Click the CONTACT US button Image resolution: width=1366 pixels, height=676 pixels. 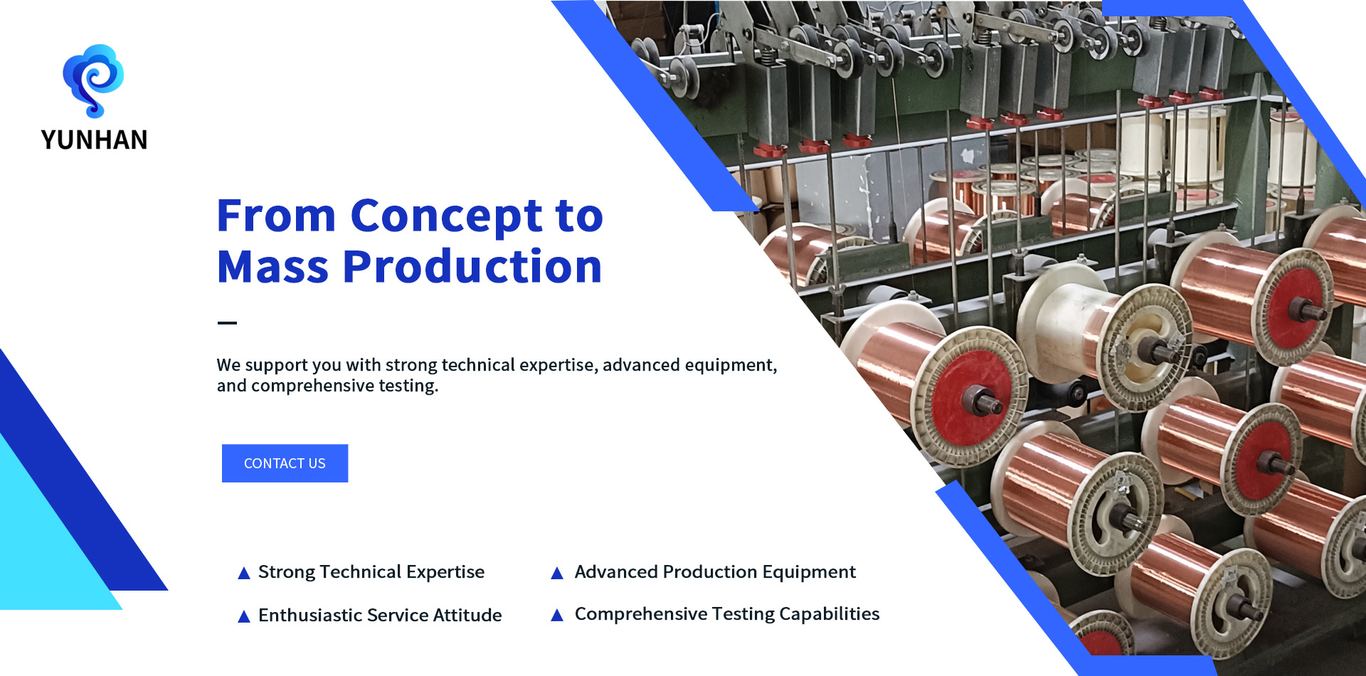pyautogui.click(x=285, y=463)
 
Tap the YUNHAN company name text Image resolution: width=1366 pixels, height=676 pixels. pyautogui.click(x=95, y=140)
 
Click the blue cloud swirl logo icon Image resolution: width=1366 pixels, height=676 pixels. pyautogui.click(x=93, y=80)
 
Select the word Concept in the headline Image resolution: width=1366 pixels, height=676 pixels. pyautogui.click(x=447, y=217)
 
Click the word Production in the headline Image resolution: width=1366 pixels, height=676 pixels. pyautogui.click(x=472, y=267)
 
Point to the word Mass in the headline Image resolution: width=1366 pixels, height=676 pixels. pyautogui.click(x=273, y=267)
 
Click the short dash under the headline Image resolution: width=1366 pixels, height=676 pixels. pyautogui.click(x=227, y=323)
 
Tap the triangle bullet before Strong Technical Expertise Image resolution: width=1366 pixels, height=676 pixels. pyautogui.click(x=244, y=573)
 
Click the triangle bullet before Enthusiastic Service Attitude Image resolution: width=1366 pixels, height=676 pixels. pyautogui.click(x=244, y=616)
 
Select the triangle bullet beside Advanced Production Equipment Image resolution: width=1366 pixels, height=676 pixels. pyautogui.click(x=557, y=573)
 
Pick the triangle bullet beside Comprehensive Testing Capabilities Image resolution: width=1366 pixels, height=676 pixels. pyautogui.click(x=557, y=615)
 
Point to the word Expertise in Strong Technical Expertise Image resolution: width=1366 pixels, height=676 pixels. pyautogui.click(x=445, y=573)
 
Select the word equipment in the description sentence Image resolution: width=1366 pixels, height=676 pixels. pyautogui.click(x=731, y=365)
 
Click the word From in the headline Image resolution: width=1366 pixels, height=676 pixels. pyautogui.click(x=276, y=216)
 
